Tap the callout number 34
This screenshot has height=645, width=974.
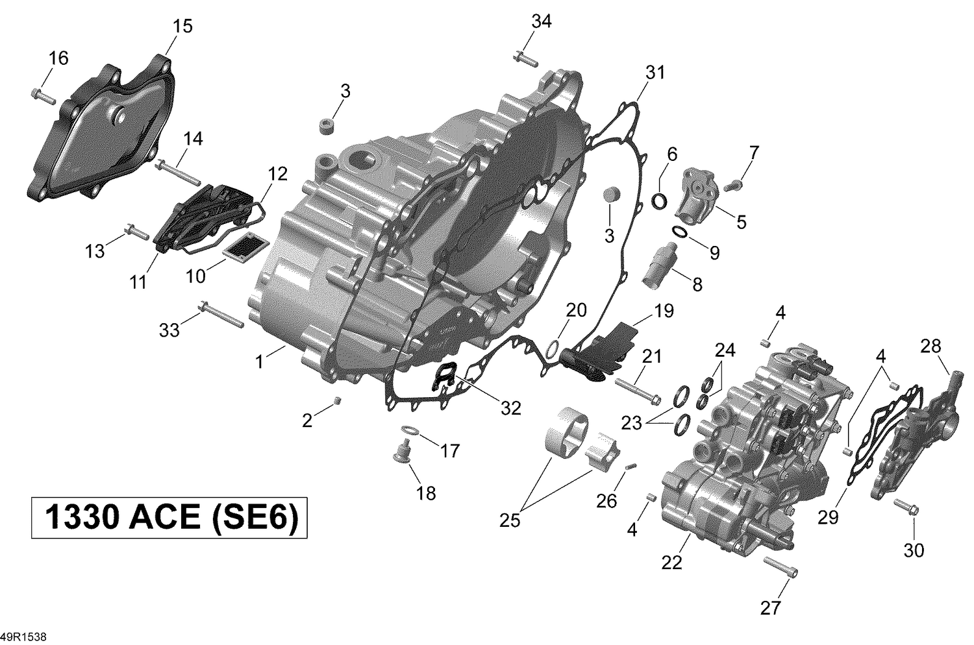tap(541, 21)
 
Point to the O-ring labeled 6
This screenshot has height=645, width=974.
tap(659, 202)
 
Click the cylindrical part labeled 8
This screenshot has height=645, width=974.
tap(660, 271)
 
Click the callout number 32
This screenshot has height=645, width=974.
tap(510, 408)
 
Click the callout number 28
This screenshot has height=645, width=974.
tap(930, 347)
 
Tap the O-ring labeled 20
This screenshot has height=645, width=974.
tap(551, 349)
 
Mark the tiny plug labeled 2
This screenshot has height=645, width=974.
tap(337, 401)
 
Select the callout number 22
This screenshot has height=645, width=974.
tap(672, 563)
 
